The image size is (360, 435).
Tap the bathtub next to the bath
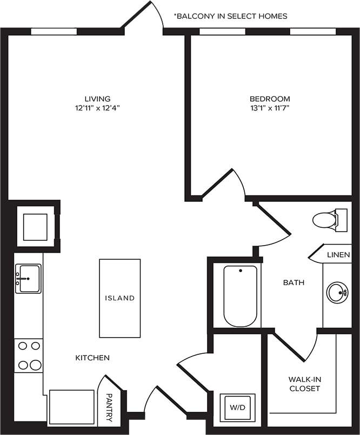241,295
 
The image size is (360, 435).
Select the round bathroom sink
337,293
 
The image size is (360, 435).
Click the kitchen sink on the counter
28,279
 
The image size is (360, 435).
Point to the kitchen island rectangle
119,298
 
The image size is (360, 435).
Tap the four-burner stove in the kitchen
28,355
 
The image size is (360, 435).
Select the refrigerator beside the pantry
71,407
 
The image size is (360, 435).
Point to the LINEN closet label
338,254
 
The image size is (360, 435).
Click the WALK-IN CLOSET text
304,384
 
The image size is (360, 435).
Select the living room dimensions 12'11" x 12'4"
97,108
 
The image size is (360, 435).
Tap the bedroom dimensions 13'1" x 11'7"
269,108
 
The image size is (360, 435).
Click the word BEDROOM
269,99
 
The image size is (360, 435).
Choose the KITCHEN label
92,358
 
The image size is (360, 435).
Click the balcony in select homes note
230,16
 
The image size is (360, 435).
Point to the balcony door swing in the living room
146,16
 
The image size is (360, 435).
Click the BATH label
294,282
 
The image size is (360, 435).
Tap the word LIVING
97,99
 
